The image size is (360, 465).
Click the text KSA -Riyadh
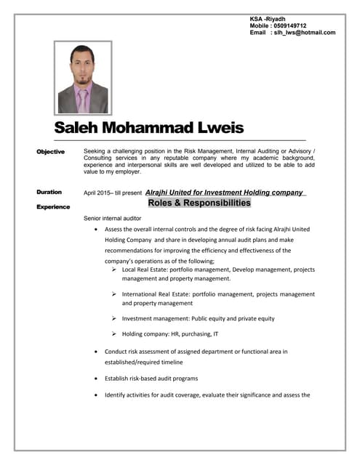pos(268,18)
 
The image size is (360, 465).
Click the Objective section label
pos(51,151)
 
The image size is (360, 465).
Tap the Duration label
pos(49,192)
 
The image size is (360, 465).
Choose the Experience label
pos(53,207)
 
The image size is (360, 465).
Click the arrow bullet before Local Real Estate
pos(115,270)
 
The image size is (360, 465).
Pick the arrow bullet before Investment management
pos(115,318)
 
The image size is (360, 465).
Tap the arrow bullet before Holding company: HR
pos(115,334)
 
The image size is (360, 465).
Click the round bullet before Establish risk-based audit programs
pos(97,379)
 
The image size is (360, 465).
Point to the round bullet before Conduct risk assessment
pos(97,352)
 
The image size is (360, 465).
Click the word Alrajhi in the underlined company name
pos(162,193)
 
